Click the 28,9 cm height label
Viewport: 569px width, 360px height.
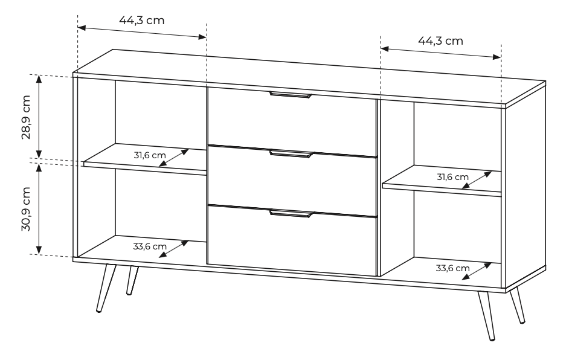coord(26,117)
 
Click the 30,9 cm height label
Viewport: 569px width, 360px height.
coord(26,209)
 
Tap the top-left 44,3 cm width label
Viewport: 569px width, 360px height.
coord(141,21)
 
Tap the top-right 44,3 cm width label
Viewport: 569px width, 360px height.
coord(440,40)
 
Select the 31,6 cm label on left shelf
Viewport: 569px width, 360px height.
coord(150,155)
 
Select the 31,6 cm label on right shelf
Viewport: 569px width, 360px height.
coord(452,177)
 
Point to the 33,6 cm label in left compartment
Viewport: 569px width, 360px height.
coord(150,246)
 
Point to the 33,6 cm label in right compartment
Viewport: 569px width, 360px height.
coord(452,268)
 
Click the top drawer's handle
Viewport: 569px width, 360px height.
coord(291,95)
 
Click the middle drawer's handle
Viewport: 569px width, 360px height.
coord(291,154)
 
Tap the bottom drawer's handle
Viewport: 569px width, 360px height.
coord(291,214)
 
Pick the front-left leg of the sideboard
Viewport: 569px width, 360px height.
coord(106,288)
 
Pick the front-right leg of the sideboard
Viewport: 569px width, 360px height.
coord(486,315)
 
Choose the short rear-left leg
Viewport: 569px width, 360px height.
coord(132,280)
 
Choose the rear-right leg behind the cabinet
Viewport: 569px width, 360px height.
coord(517,305)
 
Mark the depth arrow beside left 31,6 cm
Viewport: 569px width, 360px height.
coord(174,158)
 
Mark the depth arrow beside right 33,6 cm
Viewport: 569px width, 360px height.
coord(477,271)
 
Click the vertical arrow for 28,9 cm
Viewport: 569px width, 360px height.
coord(39,117)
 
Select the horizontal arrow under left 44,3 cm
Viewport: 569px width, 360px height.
coord(142,32)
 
